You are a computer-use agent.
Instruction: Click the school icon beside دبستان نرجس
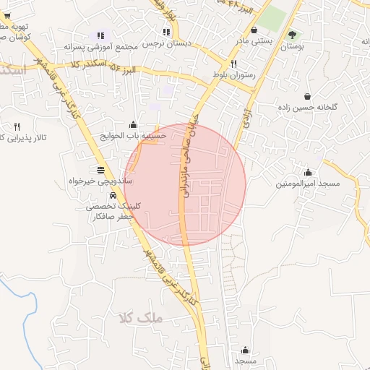167,32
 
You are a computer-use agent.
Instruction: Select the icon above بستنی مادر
255,30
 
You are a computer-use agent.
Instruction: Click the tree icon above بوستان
292,34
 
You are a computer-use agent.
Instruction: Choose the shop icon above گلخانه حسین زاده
308,96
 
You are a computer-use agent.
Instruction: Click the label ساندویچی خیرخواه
100,181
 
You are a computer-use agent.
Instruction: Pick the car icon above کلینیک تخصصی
113,196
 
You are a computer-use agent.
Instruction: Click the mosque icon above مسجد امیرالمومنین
308,172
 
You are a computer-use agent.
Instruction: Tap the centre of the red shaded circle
186,184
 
